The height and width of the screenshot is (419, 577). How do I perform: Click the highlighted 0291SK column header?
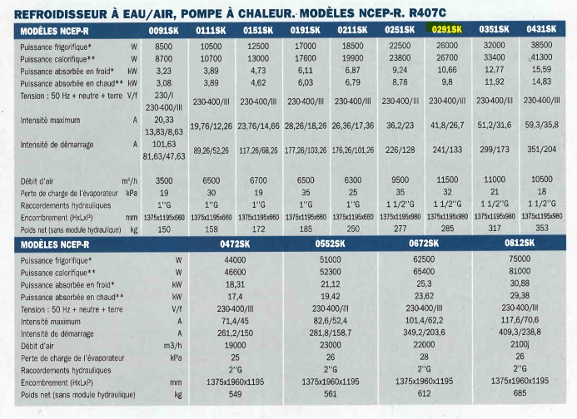(x=447, y=29)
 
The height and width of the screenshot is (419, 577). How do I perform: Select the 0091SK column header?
(x=163, y=31)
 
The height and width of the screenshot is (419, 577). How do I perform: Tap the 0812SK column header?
(x=520, y=243)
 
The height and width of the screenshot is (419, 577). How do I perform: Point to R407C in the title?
(x=427, y=13)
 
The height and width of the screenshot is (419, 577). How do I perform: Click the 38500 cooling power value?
(x=541, y=45)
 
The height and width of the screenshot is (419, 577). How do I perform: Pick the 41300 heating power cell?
(x=541, y=57)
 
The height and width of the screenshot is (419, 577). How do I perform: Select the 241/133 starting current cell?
(x=447, y=150)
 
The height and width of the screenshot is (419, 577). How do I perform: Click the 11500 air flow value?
(x=447, y=180)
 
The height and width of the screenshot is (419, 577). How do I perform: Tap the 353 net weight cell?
(x=542, y=228)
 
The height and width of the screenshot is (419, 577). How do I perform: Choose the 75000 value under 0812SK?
(x=520, y=259)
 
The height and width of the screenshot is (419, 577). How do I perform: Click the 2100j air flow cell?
(x=520, y=344)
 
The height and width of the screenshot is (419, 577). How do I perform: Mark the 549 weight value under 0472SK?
(x=235, y=394)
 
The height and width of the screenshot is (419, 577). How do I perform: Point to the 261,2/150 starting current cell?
(x=235, y=333)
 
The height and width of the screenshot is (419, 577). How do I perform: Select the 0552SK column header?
(x=330, y=244)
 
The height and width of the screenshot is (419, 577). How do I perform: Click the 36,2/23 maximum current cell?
(x=400, y=126)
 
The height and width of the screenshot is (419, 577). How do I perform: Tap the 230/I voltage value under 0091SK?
(x=164, y=96)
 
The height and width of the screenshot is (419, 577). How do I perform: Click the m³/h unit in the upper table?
(x=130, y=180)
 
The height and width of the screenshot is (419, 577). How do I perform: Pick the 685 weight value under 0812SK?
(x=520, y=393)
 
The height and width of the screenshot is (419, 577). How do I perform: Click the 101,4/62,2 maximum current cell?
(x=424, y=320)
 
